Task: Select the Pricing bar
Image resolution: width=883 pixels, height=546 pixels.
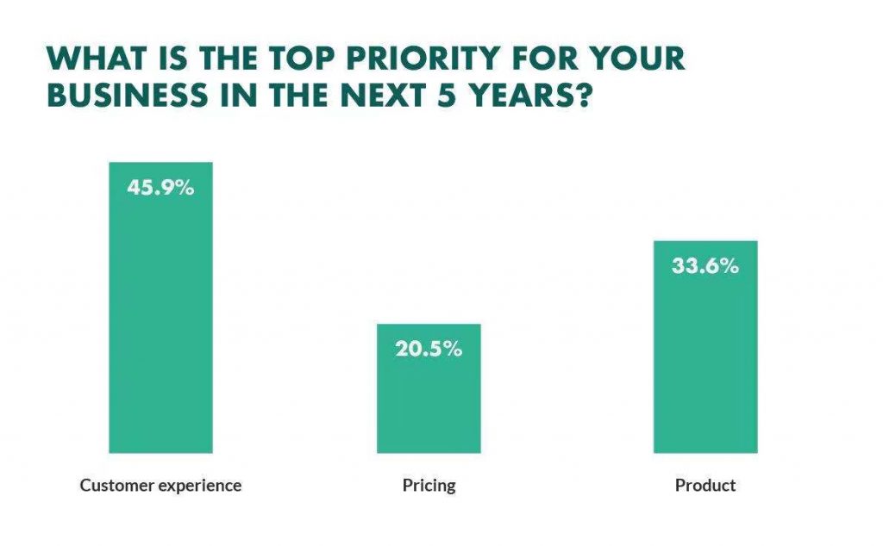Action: click(429, 396)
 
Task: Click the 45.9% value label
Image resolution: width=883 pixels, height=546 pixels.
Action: click(160, 187)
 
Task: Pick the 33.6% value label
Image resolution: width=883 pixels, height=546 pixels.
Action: click(705, 266)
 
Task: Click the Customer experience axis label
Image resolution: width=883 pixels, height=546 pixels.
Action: click(160, 486)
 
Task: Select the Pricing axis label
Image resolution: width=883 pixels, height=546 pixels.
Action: click(429, 486)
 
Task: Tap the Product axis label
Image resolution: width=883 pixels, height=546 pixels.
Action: click(705, 486)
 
